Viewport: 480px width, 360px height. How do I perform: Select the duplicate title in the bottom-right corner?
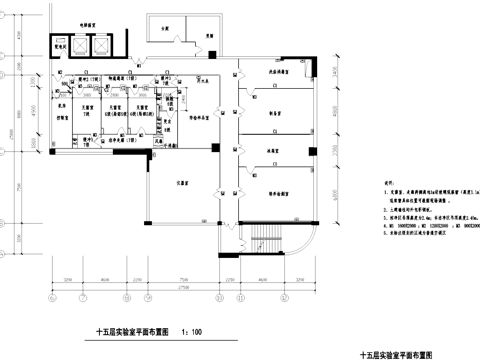396,354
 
